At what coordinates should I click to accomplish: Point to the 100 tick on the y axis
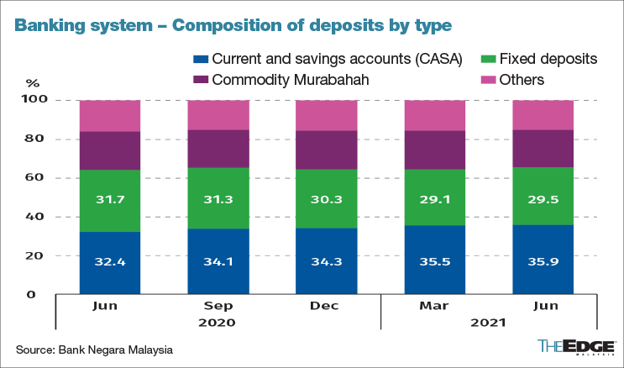pos(39,100)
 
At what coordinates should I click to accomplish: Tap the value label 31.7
pos(110,198)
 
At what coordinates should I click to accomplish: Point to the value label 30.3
pos(327,198)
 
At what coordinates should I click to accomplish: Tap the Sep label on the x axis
pos(218,306)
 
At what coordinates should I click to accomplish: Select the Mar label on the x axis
pos(435,306)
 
